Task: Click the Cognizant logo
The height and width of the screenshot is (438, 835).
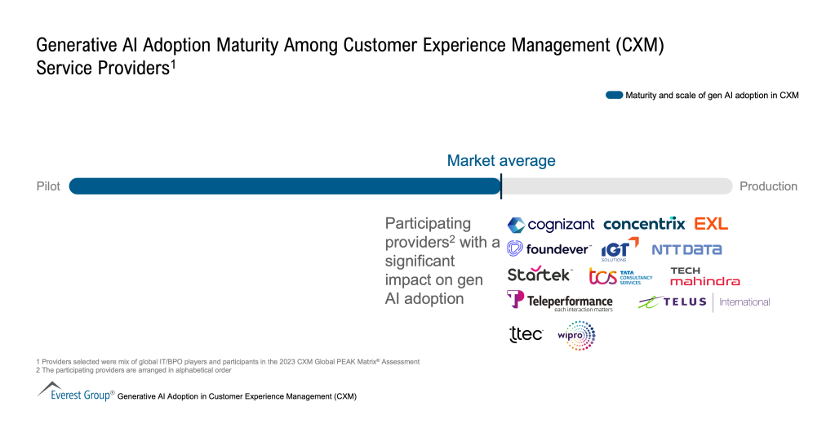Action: point(551,225)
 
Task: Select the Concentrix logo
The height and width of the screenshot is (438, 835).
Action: point(644,224)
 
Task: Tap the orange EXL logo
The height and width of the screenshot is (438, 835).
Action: point(711,224)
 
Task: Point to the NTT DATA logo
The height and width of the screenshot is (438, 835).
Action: point(686,249)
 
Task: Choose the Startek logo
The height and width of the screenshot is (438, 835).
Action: point(540,274)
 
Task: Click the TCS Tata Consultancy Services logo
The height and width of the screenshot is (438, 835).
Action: point(620,276)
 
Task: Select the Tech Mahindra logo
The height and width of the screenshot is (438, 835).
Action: point(704,276)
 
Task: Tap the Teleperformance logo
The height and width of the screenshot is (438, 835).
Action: point(560,301)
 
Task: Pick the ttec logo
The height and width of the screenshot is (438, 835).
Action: point(526,333)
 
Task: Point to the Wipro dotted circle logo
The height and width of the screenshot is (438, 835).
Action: point(576,335)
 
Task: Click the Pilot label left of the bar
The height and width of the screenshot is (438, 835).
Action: point(48,186)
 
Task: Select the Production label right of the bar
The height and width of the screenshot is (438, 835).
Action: point(768,186)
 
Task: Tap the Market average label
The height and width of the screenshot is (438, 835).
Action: point(501,161)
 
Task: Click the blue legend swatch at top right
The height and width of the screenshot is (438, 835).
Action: point(614,96)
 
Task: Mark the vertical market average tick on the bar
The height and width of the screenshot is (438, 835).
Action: point(501,186)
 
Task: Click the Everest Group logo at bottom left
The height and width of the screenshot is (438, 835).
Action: point(76,392)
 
